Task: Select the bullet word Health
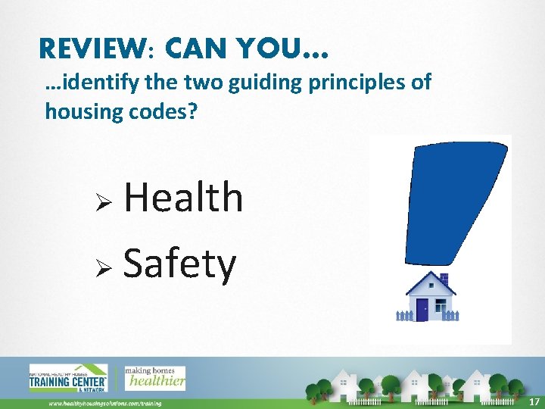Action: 183,198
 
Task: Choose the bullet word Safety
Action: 180,264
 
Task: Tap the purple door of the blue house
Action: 422,309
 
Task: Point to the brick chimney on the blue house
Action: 444,279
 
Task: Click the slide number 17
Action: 534,401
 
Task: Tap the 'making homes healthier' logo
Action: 154,377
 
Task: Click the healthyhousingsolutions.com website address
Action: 105,404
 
